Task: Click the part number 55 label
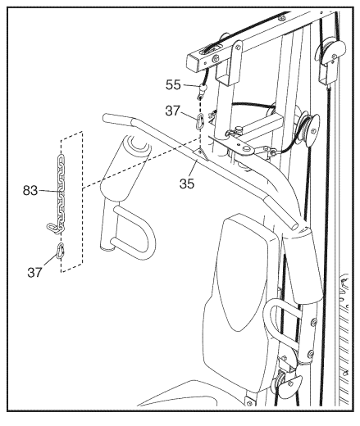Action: [x=173, y=85]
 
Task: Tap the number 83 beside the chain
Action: [x=30, y=190]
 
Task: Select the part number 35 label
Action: [x=187, y=184]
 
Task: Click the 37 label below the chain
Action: [x=34, y=272]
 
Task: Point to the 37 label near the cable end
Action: [x=173, y=111]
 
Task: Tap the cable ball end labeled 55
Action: [x=203, y=88]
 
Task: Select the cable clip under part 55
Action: [x=200, y=120]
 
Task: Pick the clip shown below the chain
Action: [x=61, y=251]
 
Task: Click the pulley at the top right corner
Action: [x=331, y=52]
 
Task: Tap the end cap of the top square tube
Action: [x=194, y=63]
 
